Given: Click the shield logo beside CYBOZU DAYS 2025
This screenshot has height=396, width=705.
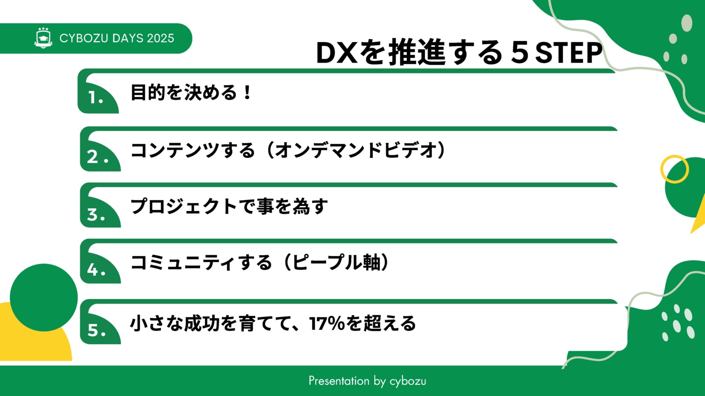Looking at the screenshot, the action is [x=43, y=38].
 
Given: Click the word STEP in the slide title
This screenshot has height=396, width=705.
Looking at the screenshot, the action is [x=568, y=53].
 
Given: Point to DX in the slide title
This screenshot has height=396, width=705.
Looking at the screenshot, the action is [x=337, y=53].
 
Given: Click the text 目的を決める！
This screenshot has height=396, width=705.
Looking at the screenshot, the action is [x=191, y=92].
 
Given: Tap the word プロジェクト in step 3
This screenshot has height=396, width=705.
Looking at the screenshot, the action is [x=184, y=206].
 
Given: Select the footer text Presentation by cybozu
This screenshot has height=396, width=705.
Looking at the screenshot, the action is [x=367, y=381].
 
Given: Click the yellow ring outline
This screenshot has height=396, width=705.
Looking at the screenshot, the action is [x=661, y=170].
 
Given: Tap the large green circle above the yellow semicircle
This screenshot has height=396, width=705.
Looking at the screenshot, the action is [x=44, y=297].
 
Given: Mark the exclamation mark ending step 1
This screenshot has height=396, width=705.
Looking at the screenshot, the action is [x=247, y=92].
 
